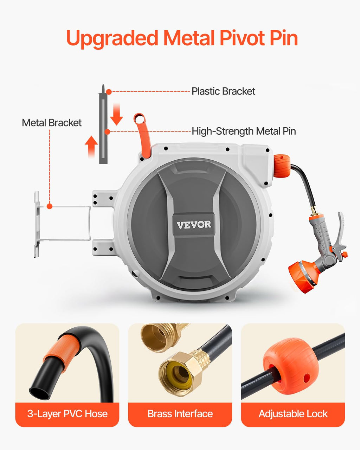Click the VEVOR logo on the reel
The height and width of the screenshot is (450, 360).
[194, 225]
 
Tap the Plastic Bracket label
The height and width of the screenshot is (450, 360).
[223, 91]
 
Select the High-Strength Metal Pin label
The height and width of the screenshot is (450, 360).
[244, 131]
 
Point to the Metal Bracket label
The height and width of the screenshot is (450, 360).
[52, 123]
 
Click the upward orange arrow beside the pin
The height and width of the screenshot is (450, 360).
[91, 146]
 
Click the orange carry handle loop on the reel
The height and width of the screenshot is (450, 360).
[143, 134]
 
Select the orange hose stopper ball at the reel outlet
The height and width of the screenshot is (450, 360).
[282, 165]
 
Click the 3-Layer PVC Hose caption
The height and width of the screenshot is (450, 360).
[67, 414]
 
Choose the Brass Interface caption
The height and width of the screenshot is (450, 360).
[180, 414]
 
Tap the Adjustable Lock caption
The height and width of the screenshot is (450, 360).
[293, 414]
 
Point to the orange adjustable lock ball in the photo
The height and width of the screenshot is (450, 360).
[291, 366]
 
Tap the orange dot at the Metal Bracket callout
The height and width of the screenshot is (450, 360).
[50, 206]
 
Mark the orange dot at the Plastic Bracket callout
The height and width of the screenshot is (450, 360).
[109, 92]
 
